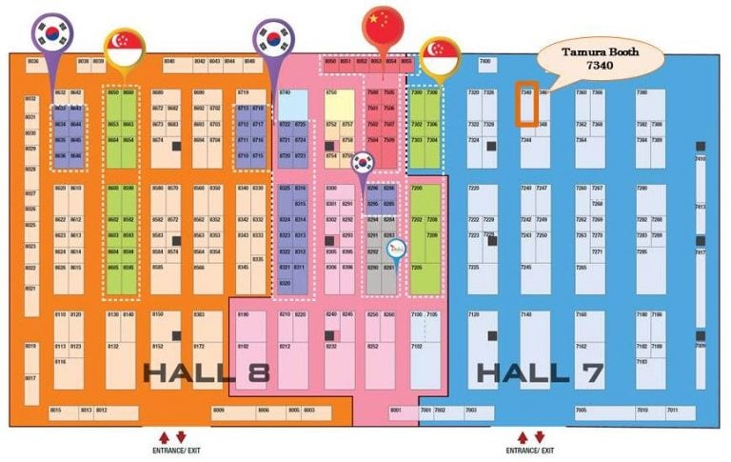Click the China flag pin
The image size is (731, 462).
383,22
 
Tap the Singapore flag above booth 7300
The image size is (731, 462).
437,55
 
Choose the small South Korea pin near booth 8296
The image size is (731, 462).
362,164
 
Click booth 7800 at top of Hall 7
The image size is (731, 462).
484,62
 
